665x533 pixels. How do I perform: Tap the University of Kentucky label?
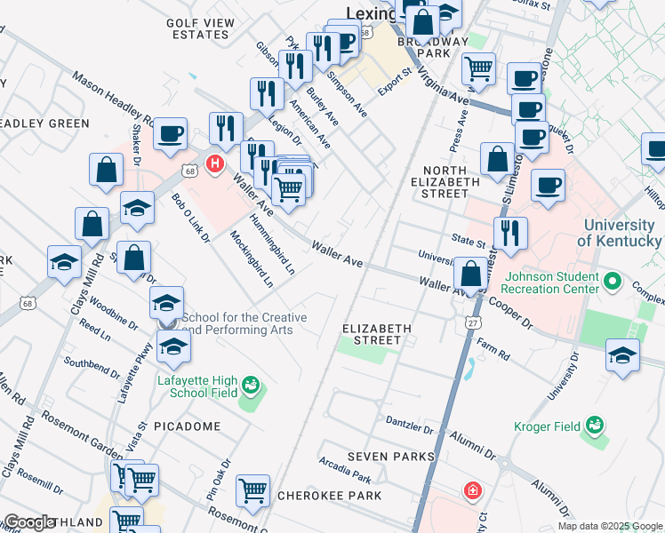click(619, 233)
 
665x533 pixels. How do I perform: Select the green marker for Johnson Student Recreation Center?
click(612, 282)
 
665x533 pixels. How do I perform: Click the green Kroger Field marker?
click(591, 427)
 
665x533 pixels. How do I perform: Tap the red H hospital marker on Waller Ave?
click(214, 163)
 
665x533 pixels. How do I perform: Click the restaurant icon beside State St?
click(510, 233)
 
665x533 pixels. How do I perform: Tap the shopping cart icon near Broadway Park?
click(478, 68)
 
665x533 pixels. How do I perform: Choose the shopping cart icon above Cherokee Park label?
click(253, 489)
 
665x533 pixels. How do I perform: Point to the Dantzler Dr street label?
click(409, 420)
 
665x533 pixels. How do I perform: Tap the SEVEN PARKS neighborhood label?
click(391, 457)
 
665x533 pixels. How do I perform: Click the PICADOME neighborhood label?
click(187, 426)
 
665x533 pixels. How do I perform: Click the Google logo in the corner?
click(30, 523)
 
